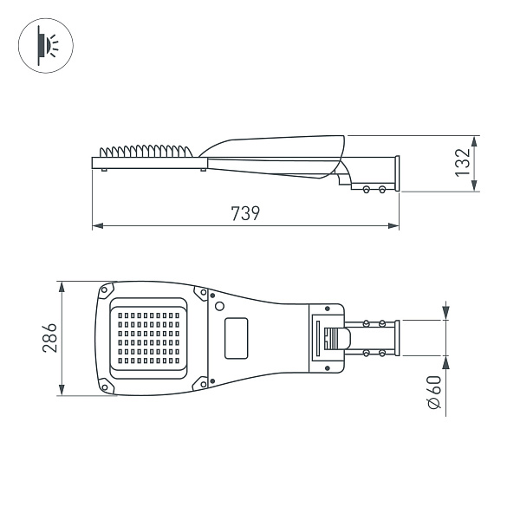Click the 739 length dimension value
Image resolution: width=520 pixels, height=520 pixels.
point(245,213)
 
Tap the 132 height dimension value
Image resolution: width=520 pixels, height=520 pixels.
point(464,162)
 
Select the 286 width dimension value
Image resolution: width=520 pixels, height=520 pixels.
point(49,337)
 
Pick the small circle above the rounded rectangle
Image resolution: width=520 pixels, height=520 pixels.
point(220,306)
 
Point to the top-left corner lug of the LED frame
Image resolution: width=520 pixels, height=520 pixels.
point(106,289)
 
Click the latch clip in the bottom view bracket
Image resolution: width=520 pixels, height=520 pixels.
point(332,337)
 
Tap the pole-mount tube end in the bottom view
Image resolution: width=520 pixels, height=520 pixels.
point(397,337)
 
